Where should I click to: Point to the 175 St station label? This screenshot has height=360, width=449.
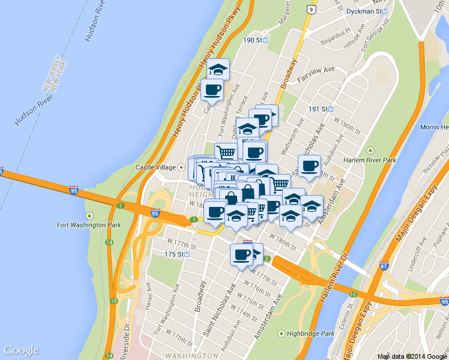[176, 254]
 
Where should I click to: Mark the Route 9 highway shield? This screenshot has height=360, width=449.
[310, 8]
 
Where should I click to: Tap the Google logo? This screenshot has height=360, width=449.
[21, 350]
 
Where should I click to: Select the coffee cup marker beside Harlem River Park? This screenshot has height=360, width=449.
[310, 166]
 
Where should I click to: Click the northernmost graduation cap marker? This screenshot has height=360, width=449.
[218, 68]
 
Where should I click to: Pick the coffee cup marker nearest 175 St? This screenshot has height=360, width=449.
[242, 255]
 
